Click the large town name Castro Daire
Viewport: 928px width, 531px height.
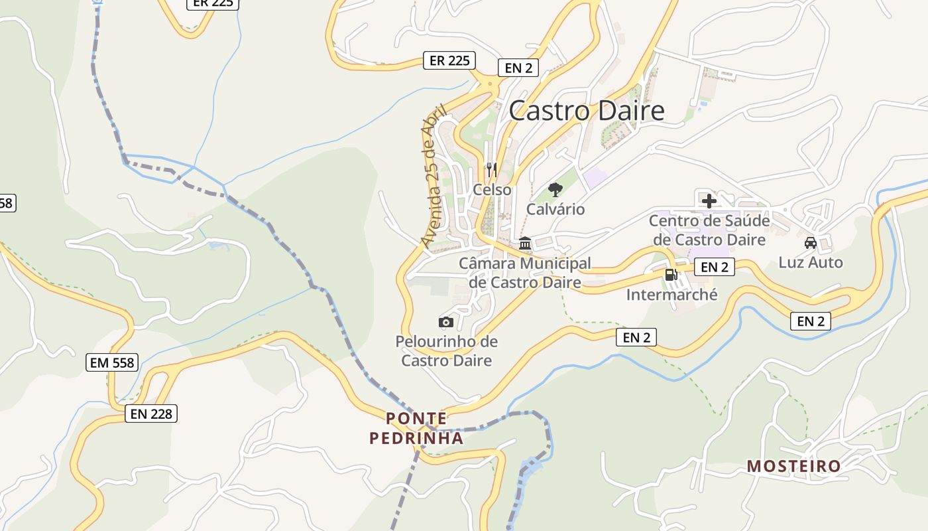click(587, 110)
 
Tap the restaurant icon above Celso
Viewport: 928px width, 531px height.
click(491, 169)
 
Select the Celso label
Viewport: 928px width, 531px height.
click(492, 190)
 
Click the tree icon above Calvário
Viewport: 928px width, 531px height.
click(555, 190)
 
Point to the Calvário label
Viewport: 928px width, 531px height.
click(555, 209)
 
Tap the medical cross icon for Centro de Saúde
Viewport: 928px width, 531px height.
click(709, 200)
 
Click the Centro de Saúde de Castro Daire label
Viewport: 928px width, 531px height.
click(709, 230)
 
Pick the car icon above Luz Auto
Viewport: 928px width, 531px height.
click(810, 243)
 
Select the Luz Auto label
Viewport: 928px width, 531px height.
click(811, 262)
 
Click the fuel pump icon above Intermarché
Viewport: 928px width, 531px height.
click(671, 274)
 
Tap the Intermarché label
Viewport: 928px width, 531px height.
click(671, 294)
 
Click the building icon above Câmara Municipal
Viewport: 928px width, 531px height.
click(525, 244)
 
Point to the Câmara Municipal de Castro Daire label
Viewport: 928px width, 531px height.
click(525, 273)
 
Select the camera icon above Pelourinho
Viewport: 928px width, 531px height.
click(446, 322)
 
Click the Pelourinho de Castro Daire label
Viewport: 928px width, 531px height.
click(447, 351)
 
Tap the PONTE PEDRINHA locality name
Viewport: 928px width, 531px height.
click(416, 428)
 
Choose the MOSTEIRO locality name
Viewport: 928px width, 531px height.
click(793, 466)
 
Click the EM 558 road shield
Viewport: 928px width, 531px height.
click(112, 362)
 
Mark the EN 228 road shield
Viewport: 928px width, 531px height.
click(151, 414)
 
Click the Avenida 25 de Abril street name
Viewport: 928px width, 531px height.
click(434, 176)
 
